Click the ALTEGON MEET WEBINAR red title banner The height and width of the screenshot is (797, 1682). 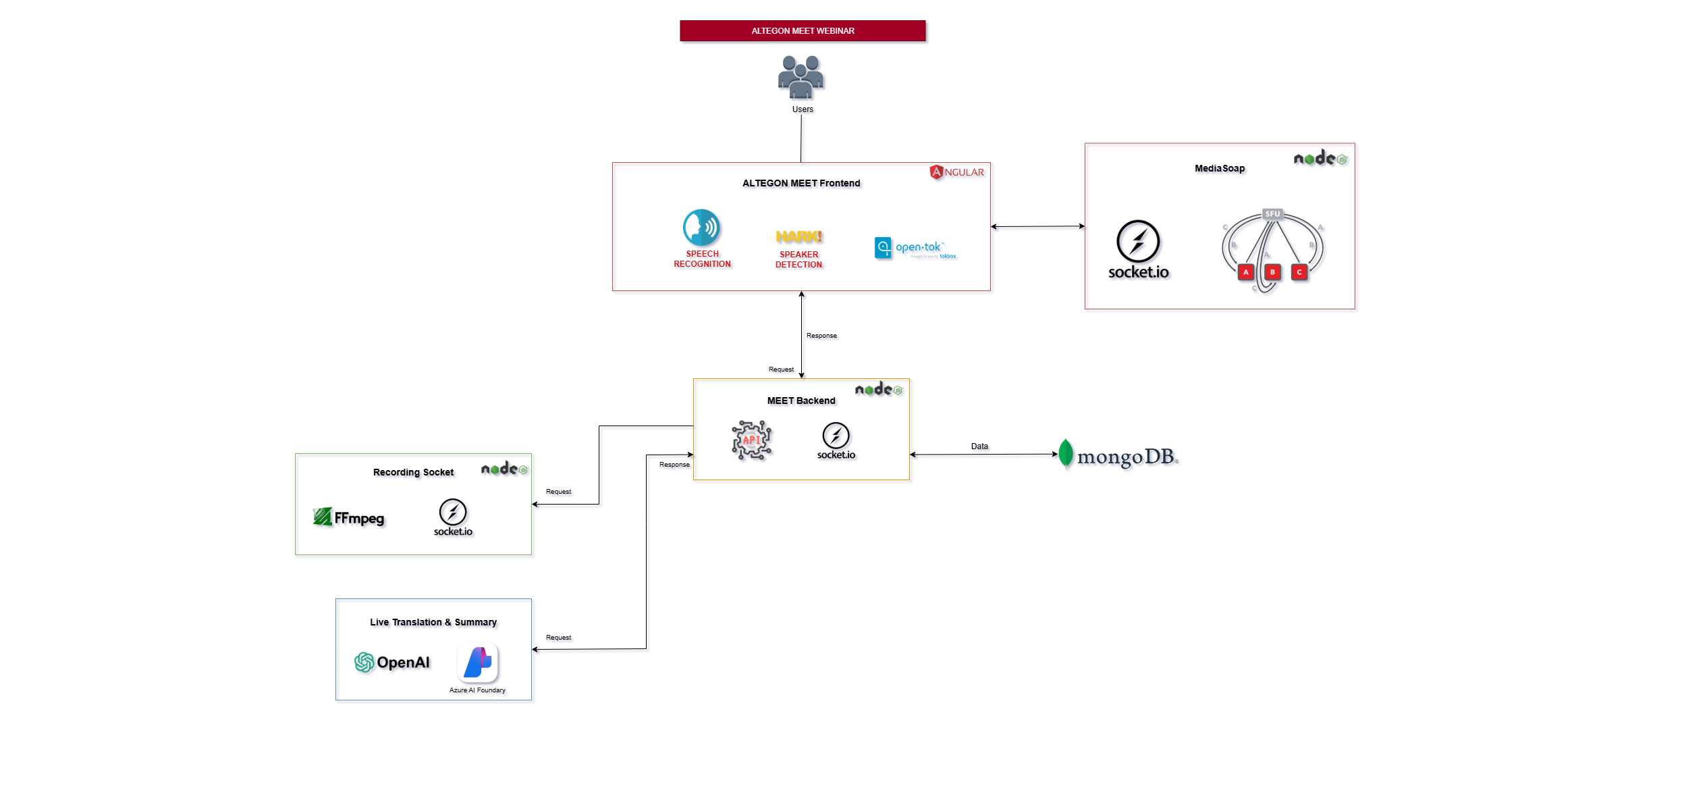pos(802,31)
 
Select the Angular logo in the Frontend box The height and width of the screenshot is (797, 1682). pos(956,172)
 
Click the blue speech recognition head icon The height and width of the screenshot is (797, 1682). pos(701,228)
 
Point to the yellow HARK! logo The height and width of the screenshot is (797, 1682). pos(798,236)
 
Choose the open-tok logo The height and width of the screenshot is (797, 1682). pos(915,248)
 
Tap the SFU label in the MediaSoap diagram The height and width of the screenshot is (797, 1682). pos(1272,214)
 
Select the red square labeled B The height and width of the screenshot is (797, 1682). pos(1272,272)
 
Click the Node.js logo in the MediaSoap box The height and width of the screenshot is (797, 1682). pos(1320,159)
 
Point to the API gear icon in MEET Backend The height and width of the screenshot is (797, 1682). pos(751,440)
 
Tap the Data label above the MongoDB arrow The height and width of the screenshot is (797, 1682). pos(979,446)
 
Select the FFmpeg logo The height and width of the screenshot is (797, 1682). pos(348,518)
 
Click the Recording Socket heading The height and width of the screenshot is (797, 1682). pos(413,472)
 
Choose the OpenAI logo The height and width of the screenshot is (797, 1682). pos(392,663)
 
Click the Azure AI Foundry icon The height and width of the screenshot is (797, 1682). pos(478,663)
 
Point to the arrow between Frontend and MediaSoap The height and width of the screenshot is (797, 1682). pos(1037,226)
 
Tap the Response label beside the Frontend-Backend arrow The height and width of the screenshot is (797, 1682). pos(821,336)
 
